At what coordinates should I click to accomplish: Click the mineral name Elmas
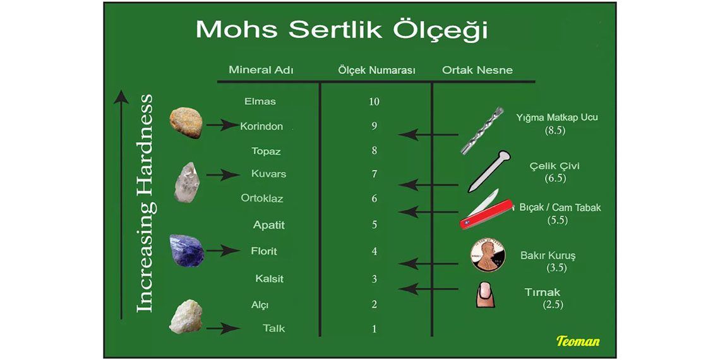click(260, 102)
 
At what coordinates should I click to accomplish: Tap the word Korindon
click(261, 126)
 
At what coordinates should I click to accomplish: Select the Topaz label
click(266, 150)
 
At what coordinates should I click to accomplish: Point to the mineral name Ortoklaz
click(261, 199)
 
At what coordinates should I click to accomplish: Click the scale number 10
click(374, 102)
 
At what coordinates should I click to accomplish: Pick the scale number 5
click(375, 225)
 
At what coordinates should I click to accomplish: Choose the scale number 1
click(375, 329)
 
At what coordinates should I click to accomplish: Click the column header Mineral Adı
click(261, 70)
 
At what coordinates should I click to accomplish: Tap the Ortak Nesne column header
click(477, 70)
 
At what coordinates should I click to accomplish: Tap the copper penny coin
click(488, 255)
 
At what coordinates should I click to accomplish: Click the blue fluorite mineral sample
click(187, 250)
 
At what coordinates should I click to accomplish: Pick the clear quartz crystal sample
click(187, 183)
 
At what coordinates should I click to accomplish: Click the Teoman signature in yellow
click(578, 341)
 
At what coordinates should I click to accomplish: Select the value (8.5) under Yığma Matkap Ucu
click(555, 130)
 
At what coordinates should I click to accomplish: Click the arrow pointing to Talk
click(223, 328)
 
